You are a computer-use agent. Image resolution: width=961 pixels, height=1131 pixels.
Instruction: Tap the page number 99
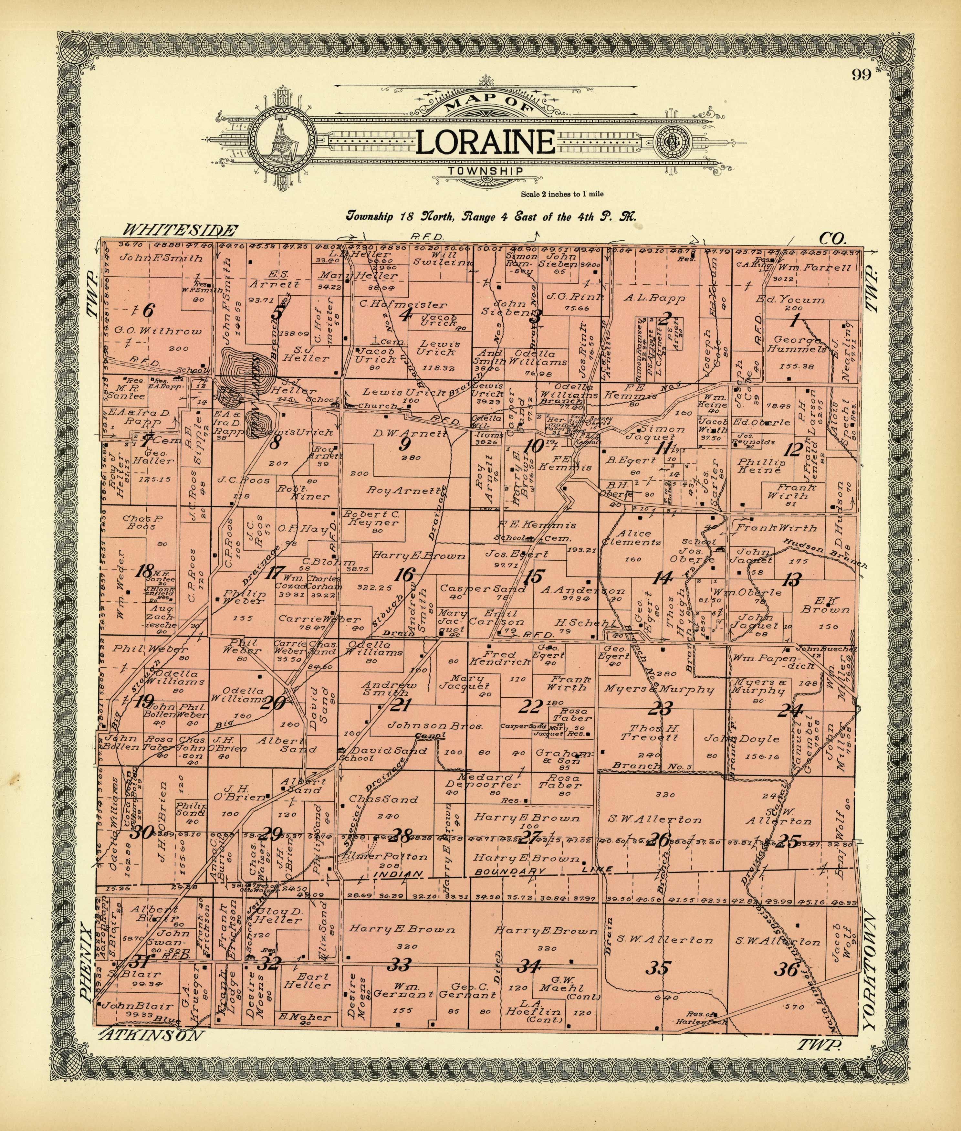pos(862,75)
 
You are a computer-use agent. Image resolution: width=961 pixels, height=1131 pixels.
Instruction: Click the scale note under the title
pos(562,194)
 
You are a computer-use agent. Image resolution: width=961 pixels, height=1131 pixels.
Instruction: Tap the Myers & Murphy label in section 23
pos(659,689)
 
